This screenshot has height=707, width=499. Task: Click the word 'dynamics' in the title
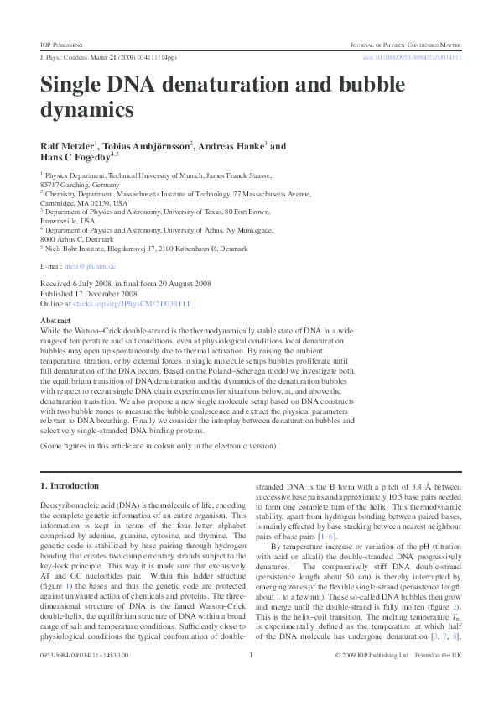coord(87,109)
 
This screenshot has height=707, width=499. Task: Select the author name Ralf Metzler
coord(67,146)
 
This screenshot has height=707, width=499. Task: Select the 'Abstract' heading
coord(55,321)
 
